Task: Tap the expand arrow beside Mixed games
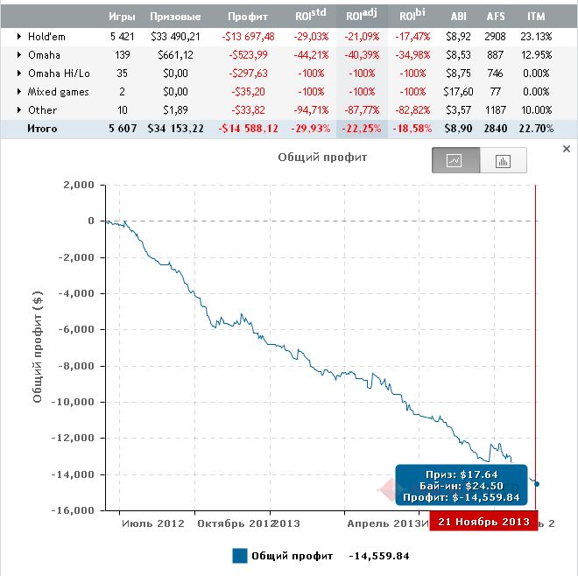(x=19, y=91)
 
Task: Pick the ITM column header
(x=537, y=17)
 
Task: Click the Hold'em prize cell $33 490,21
(x=176, y=36)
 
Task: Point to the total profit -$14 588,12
(x=249, y=128)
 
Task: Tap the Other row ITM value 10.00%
(x=535, y=109)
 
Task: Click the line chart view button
(x=455, y=161)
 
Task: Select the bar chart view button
(x=504, y=161)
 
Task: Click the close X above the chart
(x=566, y=150)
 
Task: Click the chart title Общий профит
(x=311, y=158)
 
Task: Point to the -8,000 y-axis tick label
(x=75, y=366)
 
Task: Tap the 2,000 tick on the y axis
(x=79, y=185)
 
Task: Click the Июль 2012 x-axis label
(x=153, y=523)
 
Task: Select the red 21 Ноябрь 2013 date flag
(x=483, y=522)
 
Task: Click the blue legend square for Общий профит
(x=240, y=556)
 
